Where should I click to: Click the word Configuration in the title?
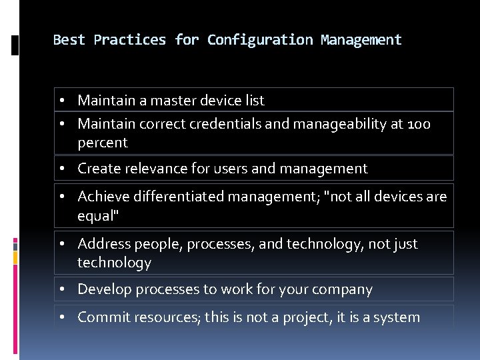(x=260, y=40)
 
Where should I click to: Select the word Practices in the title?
(x=130, y=40)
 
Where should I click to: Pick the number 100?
(x=419, y=124)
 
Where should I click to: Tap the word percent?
(x=102, y=143)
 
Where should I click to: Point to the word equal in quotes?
(x=95, y=215)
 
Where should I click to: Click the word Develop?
(x=103, y=289)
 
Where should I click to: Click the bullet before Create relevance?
(x=61, y=169)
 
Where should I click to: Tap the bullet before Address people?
(x=61, y=244)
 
